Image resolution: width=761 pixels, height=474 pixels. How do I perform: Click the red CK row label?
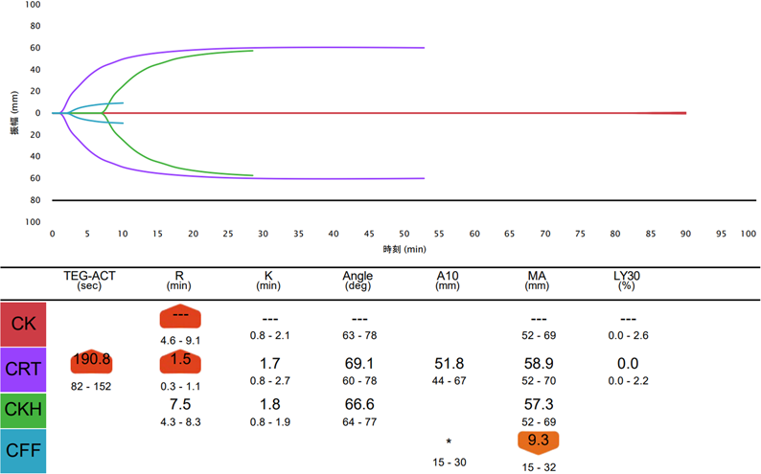25,323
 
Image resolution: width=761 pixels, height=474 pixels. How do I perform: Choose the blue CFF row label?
25,452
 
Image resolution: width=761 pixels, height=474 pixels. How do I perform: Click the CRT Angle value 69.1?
358,364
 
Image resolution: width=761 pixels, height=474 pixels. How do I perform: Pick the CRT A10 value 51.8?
450,364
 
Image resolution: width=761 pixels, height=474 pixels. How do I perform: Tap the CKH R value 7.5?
180,404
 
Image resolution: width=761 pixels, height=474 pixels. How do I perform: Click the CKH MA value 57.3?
539,404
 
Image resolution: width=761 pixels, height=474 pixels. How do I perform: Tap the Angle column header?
358,281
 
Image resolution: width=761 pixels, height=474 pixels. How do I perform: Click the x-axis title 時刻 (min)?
404,249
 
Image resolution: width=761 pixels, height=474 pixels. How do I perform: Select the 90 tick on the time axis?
686,234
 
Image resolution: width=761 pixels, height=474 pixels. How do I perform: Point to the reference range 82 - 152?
92,385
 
